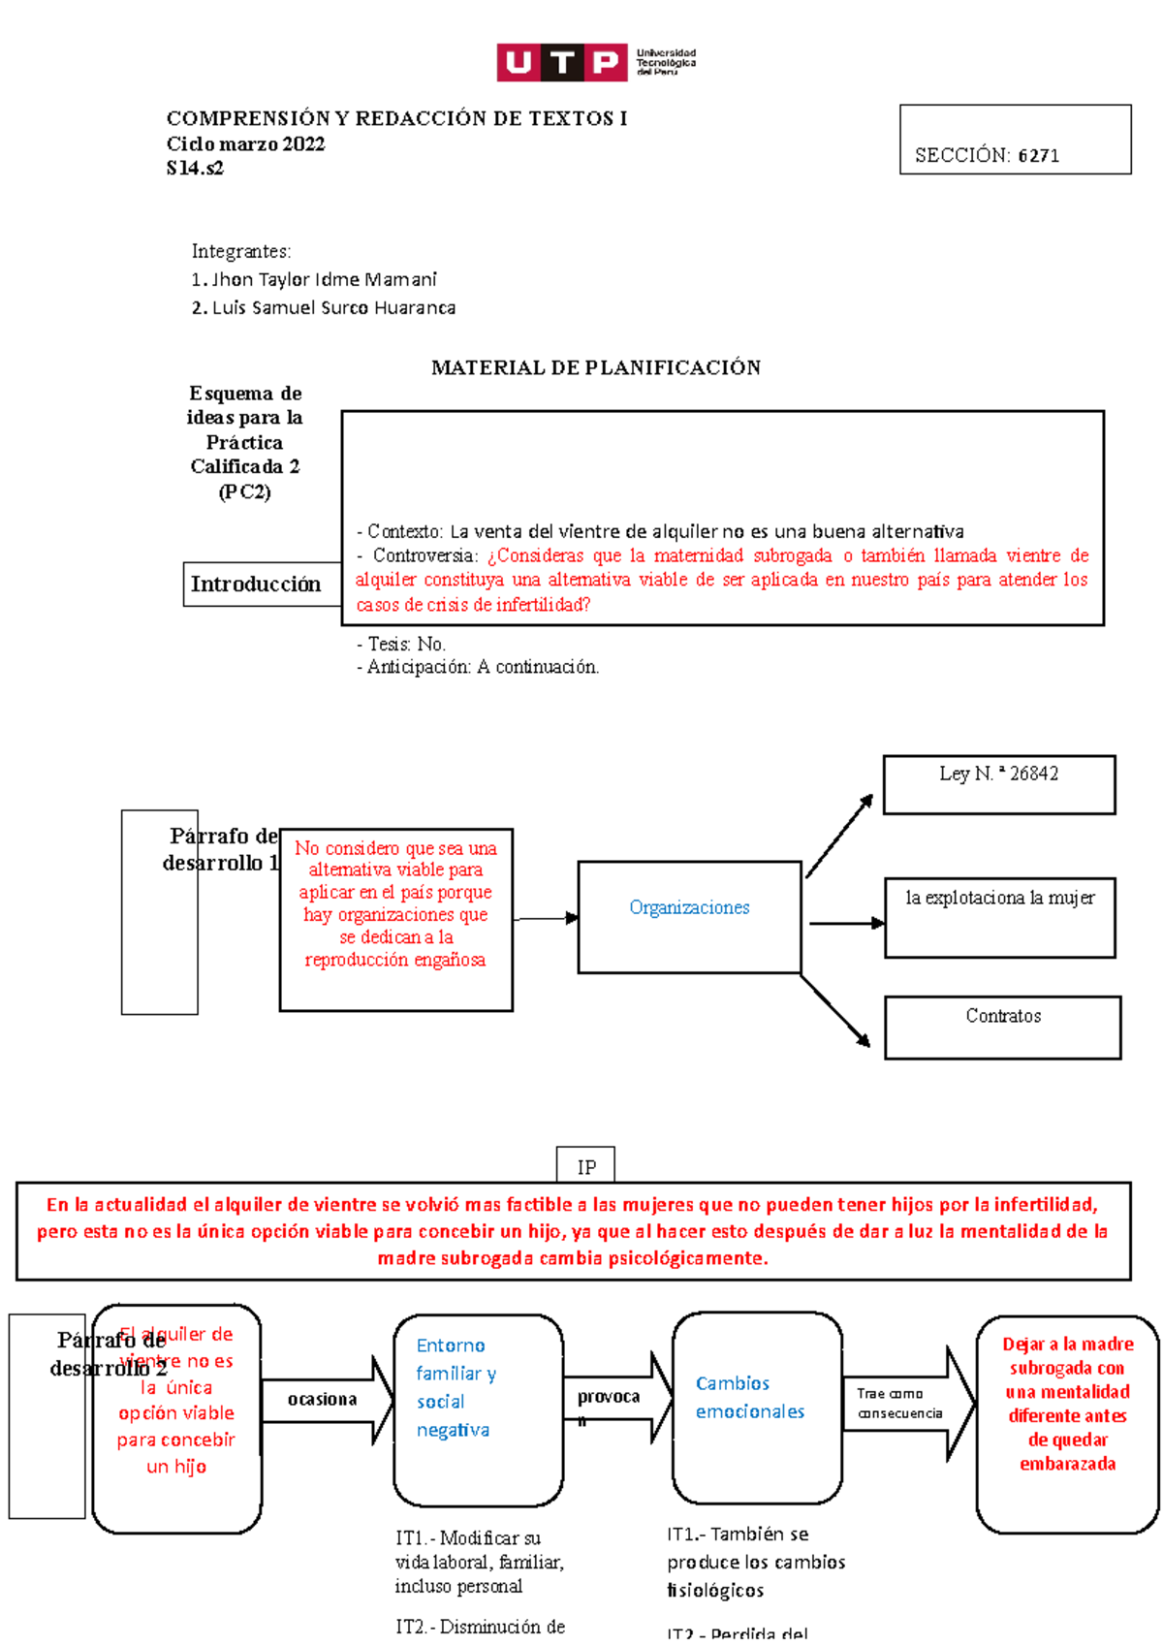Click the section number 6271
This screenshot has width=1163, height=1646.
click(x=1038, y=156)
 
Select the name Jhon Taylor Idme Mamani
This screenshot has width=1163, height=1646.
click(x=324, y=280)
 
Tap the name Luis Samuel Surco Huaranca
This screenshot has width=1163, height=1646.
click(x=333, y=308)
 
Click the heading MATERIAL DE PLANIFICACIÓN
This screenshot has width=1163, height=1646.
click(x=595, y=368)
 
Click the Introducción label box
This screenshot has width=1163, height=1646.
click(x=256, y=585)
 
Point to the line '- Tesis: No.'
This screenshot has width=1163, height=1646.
click(x=401, y=645)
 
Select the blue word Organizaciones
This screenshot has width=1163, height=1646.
click(x=689, y=908)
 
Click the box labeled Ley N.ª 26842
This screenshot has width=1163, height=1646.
click(x=998, y=784)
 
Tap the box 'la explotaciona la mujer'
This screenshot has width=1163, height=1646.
click(x=999, y=917)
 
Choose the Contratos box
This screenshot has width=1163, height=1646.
click(x=1002, y=1027)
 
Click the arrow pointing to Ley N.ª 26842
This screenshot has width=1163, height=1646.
click(x=839, y=836)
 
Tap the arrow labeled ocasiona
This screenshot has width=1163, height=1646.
click(x=326, y=1400)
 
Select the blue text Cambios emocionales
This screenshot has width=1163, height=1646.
click(x=749, y=1398)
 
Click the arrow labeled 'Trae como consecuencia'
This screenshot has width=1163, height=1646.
click(x=907, y=1404)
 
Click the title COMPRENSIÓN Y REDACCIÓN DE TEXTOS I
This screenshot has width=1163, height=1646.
click(x=396, y=119)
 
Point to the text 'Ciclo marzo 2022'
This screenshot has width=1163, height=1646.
click(x=245, y=144)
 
